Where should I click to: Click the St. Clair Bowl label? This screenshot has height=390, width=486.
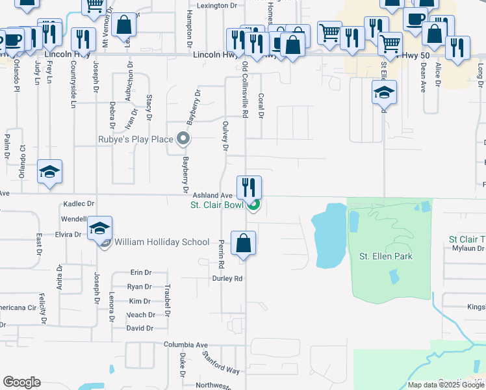click(216, 205)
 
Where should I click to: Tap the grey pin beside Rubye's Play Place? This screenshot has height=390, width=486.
click(183, 138)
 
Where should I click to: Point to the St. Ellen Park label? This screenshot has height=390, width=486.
click(386, 256)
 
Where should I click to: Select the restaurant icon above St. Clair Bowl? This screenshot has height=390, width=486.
click(249, 187)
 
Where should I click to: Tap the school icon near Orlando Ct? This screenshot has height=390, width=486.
click(50, 172)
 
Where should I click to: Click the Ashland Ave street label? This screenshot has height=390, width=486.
click(212, 196)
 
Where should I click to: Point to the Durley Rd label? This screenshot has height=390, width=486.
click(227, 278)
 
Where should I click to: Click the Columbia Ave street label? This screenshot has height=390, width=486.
click(185, 344)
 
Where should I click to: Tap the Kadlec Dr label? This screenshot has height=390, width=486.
click(79, 204)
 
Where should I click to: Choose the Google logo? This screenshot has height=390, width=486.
click(21, 382)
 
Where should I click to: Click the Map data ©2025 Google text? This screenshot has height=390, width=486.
click(445, 385)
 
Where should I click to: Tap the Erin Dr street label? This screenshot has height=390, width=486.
click(140, 272)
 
